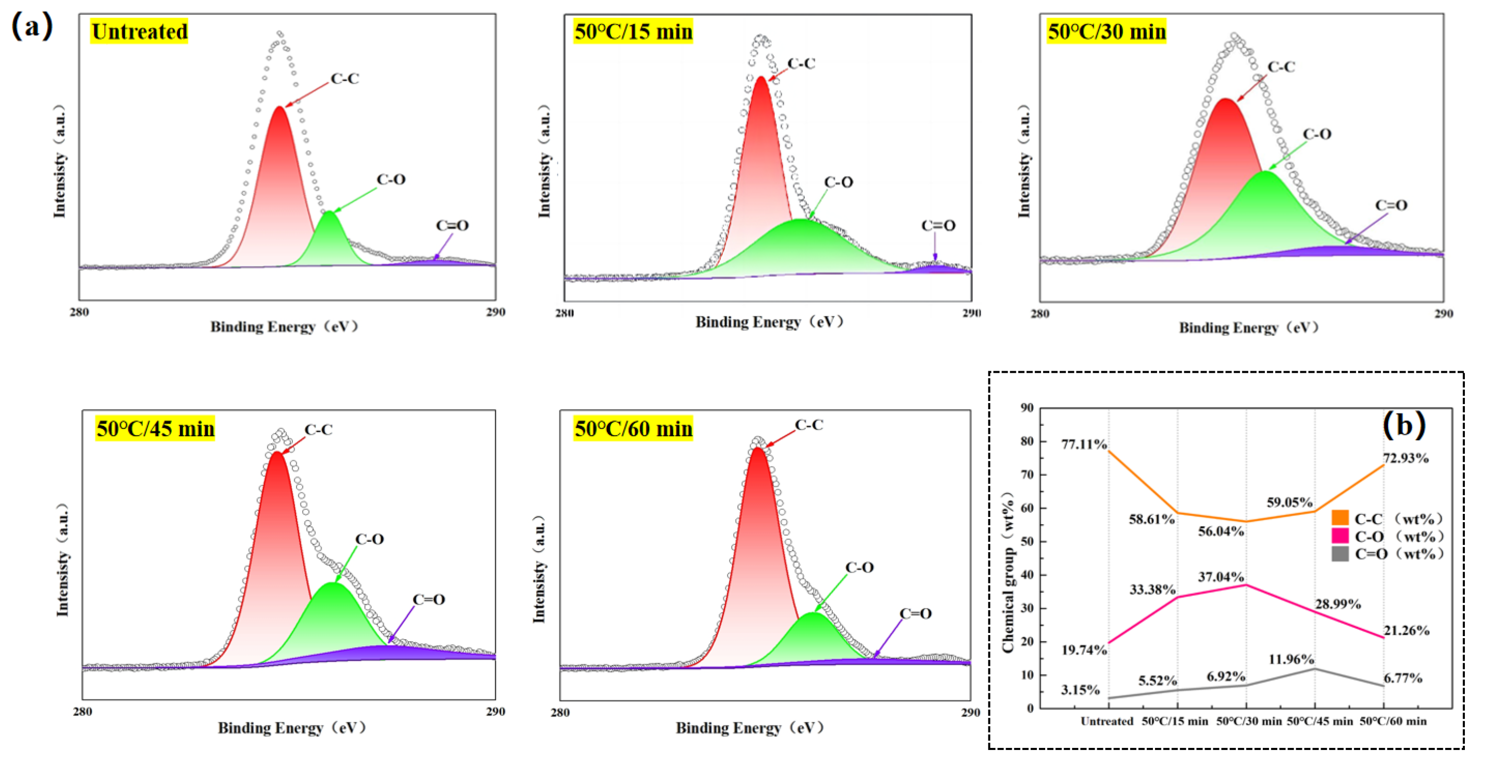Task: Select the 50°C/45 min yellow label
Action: [155, 429]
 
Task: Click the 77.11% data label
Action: [1084, 444]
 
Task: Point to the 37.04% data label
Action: [1220, 577]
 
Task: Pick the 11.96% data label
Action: [1291, 659]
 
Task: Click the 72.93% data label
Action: [1406, 458]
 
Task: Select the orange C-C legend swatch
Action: [1340, 517]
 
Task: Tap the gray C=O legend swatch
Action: [1340, 554]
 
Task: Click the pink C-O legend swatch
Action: [1340, 536]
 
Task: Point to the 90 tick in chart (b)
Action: [1027, 408]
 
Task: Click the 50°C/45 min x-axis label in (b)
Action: [1319, 721]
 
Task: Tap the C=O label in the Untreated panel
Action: [452, 225]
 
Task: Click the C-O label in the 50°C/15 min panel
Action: [838, 182]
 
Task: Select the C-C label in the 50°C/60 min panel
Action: [809, 425]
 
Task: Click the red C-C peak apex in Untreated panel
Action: [279, 108]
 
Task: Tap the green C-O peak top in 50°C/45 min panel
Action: [333, 583]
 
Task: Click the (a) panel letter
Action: [31, 25]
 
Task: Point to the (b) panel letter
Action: [1404, 425]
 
